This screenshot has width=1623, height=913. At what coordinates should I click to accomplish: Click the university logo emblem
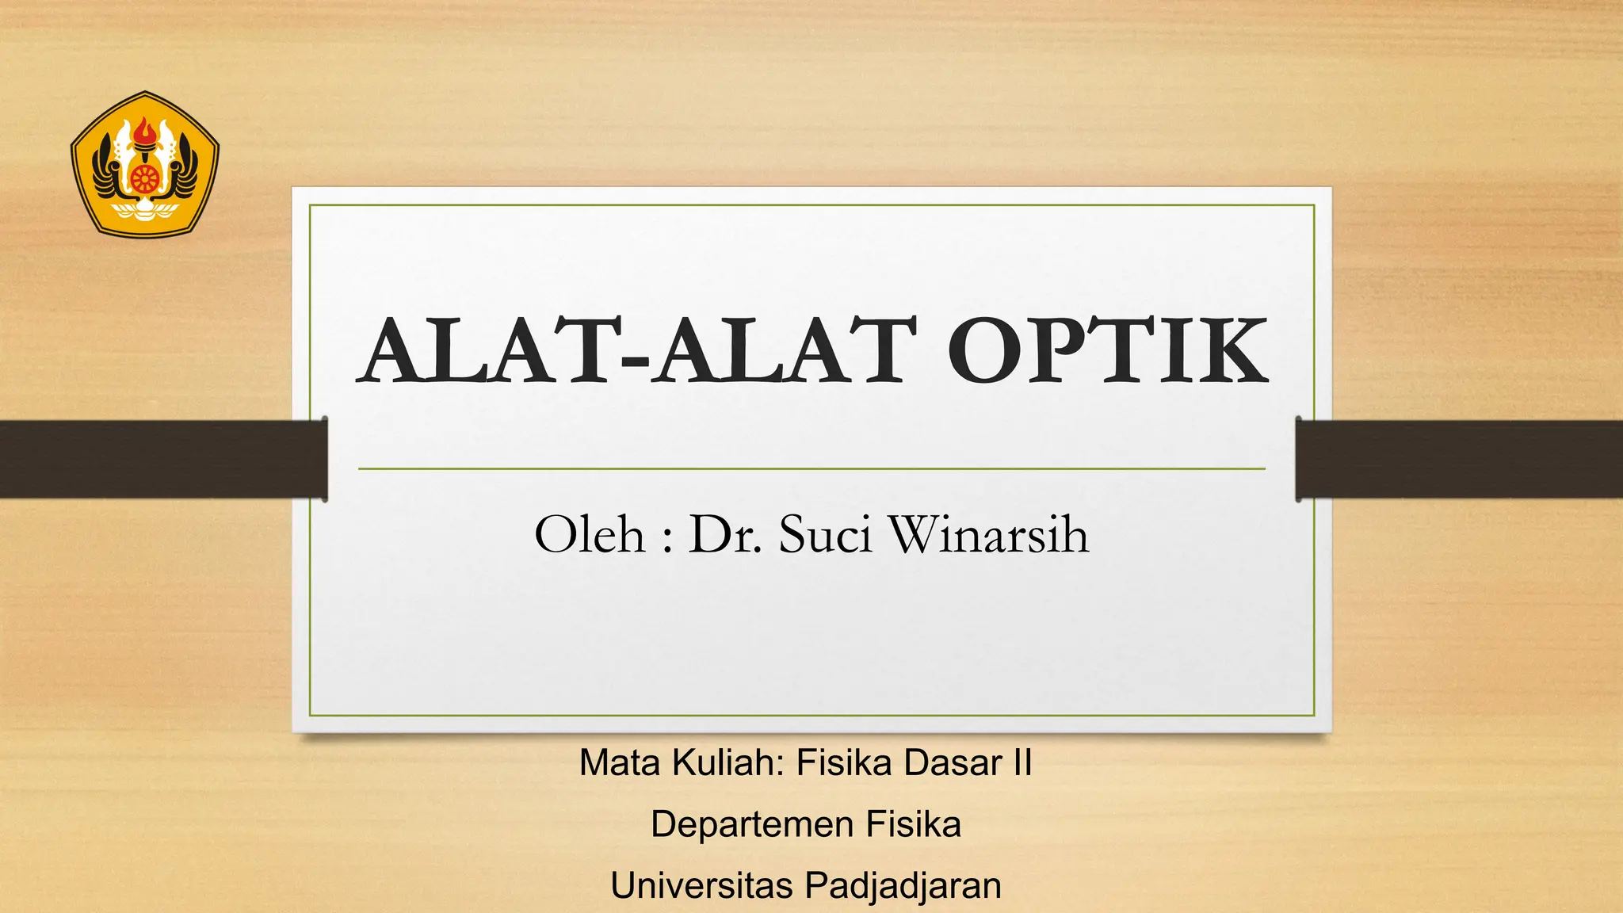pos(144,164)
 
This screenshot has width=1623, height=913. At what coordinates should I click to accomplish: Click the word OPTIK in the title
pos(1107,351)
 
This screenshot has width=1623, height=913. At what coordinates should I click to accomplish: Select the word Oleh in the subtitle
pos(590,534)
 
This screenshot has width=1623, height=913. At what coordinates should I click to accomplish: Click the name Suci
pos(825,534)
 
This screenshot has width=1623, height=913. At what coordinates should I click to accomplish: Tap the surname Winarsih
pos(989,534)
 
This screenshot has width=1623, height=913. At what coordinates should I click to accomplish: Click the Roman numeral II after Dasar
pos(1022,762)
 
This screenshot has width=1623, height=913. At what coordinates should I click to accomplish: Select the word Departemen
pos(753,824)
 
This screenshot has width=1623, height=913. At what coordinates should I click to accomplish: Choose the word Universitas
pos(701,885)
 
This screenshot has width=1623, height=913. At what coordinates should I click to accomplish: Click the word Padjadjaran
pos(903,885)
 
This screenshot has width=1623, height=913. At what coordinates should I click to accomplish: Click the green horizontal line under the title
pos(811,469)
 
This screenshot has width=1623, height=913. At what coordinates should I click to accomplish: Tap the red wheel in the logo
pos(144,178)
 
